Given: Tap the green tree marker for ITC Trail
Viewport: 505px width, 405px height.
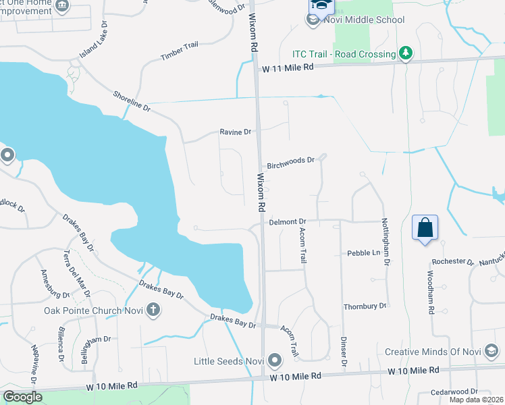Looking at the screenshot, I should (x=405, y=53).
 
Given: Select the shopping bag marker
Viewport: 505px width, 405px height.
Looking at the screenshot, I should (x=425, y=227).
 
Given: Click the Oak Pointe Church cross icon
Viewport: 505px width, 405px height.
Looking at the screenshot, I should (x=153, y=310).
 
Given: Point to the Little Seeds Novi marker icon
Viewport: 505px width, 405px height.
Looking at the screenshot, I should (x=274, y=360).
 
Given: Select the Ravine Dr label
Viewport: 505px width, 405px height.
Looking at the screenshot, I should (x=236, y=132).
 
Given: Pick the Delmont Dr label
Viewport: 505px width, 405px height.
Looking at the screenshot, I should (x=288, y=221).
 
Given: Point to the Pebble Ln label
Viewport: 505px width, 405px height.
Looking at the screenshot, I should (x=364, y=253).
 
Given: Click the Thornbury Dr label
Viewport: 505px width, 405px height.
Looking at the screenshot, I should (x=365, y=306).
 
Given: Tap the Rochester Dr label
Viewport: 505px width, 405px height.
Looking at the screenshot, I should (x=453, y=261).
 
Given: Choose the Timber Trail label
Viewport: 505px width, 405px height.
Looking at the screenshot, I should (x=180, y=51).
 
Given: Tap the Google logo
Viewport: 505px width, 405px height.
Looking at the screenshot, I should (x=22, y=397).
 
